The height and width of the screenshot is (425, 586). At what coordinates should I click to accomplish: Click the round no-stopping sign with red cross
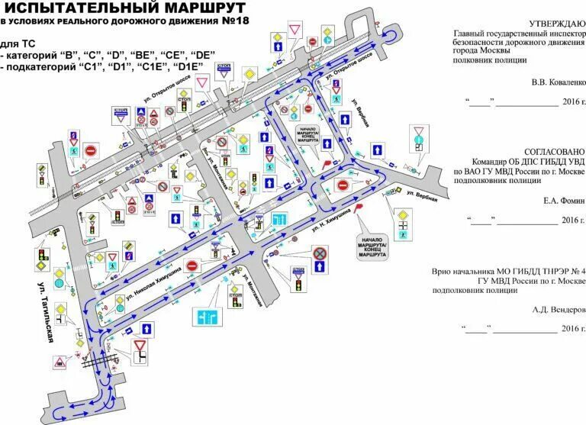click(320, 253)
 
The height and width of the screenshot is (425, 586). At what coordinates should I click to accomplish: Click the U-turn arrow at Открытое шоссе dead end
click(392, 35)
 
